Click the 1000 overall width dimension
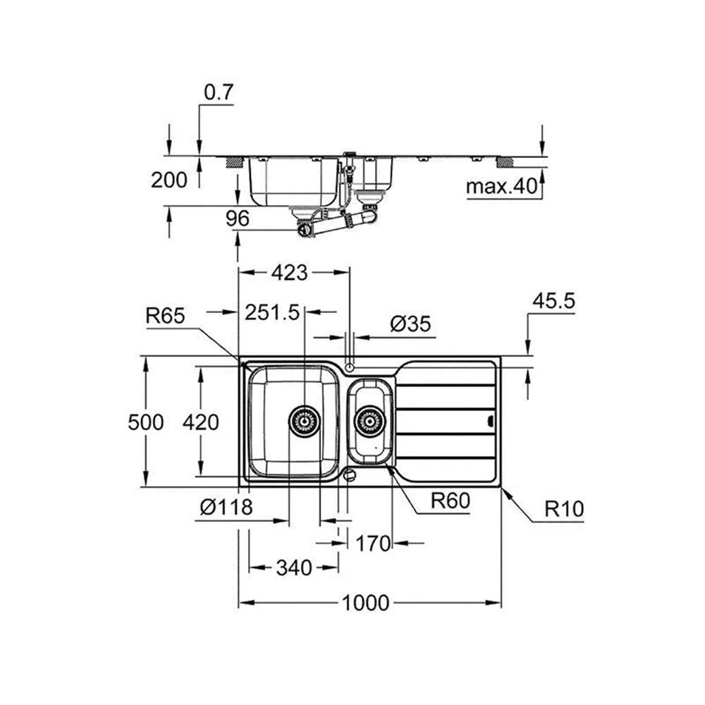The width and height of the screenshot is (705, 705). coord(365,603)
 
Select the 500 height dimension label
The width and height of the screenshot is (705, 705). coord(146,422)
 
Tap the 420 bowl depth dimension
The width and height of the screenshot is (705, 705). coord(200,422)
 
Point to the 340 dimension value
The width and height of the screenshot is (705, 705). coord(294,568)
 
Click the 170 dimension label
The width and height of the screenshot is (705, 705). coord(373,544)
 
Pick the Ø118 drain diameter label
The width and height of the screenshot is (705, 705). coord(226,508)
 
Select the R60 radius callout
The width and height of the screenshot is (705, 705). coord(450,501)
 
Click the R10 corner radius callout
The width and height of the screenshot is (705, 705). coord(564,509)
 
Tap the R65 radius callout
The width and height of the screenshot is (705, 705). coord(166,316)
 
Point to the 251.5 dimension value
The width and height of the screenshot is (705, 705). coord(272,312)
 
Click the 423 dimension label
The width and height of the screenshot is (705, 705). coord(290,273)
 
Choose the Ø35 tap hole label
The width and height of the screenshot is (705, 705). coord(410,324)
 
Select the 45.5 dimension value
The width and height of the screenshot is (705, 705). coord(554,301)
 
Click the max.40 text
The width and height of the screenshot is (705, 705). coord(502,186)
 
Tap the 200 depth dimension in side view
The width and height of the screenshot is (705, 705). coord(169,180)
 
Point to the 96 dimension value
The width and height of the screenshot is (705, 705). coord(238,219)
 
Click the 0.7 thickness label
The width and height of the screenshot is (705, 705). coord(219,92)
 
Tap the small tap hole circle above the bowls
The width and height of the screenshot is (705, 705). coord(350,368)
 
